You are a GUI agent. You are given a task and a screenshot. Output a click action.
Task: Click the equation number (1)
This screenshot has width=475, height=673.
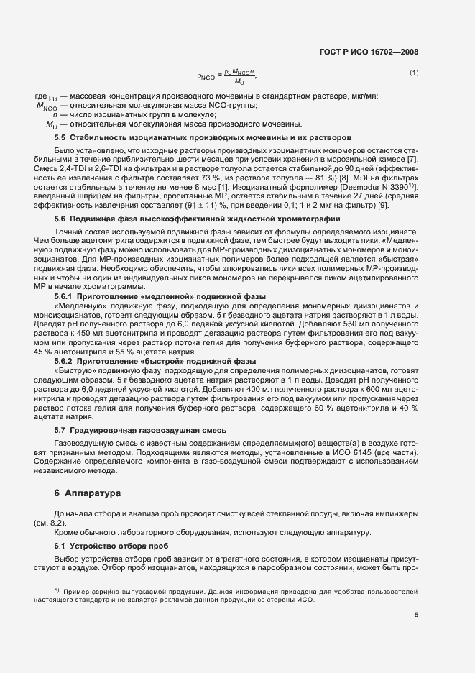tap(413, 73)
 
